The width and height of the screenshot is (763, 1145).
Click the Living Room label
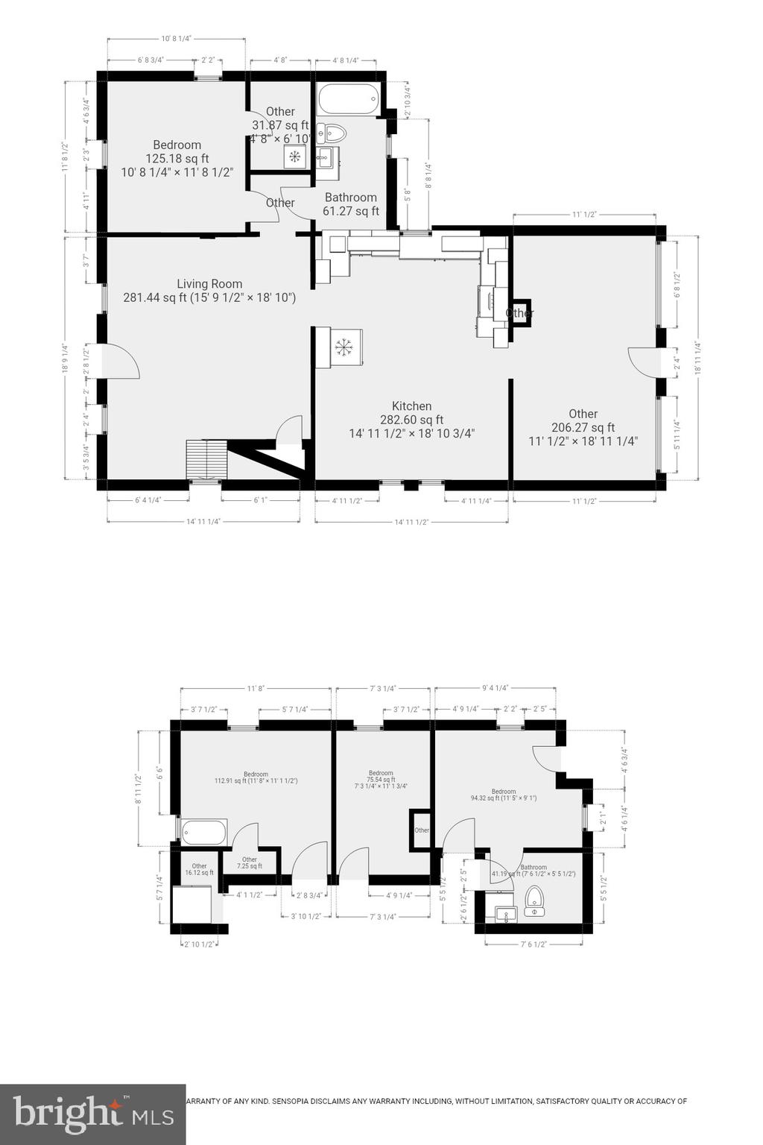[x=209, y=283]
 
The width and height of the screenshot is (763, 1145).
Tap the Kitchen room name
[x=412, y=406]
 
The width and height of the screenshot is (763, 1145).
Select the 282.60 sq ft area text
[x=412, y=420]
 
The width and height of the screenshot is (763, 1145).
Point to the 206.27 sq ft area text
[x=583, y=427]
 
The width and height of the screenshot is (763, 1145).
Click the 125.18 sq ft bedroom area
[x=177, y=158]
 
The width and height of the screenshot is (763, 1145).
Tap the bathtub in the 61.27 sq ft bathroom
[x=349, y=99]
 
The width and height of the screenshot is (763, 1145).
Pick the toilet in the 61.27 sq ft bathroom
[x=333, y=134]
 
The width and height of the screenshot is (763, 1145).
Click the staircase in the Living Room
[x=206, y=459]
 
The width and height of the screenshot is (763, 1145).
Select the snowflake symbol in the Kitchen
[x=343, y=347]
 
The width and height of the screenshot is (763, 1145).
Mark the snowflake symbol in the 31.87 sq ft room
[x=294, y=156]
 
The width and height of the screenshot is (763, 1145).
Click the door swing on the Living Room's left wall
[x=120, y=362]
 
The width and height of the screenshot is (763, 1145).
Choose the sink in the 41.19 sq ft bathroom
[x=507, y=914]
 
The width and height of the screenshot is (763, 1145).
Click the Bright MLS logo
[x=93, y=1114]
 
